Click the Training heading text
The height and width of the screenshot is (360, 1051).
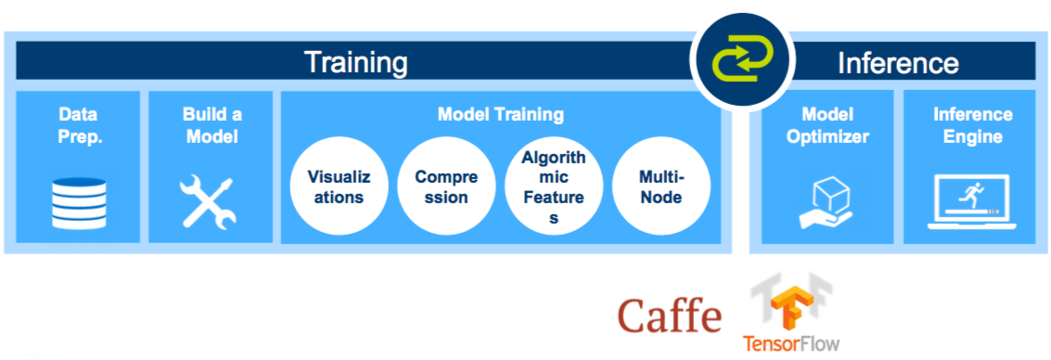pyautogui.click(x=356, y=63)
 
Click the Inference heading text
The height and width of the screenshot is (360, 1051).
pyautogui.click(x=897, y=63)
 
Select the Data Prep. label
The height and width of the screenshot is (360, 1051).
pyautogui.click(x=78, y=125)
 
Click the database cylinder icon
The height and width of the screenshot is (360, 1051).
pyautogui.click(x=78, y=203)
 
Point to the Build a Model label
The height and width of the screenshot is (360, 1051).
pyautogui.click(x=211, y=125)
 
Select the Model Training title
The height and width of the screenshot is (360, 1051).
pyautogui.click(x=500, y=115)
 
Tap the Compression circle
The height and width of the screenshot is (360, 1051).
pyautogui.click(x=441, y=186)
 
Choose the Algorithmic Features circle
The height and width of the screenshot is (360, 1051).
pyautogui.click(x=553, y=186)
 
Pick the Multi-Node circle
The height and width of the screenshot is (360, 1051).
pyautogui.click(x=660, y=186)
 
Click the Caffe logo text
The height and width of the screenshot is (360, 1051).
pyautogui.click(x=670, y=316)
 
